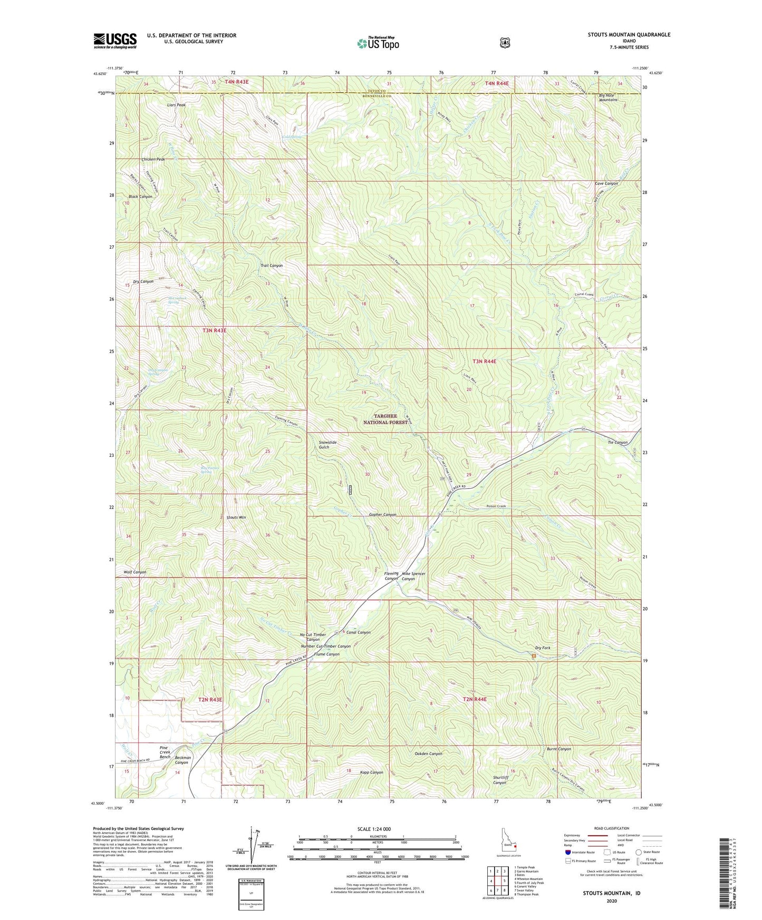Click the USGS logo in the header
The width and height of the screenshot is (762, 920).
click(x=115, y=41)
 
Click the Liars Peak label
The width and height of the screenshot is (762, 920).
click(x=176, y=105)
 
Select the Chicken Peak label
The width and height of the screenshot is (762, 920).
click(x=153, y=159)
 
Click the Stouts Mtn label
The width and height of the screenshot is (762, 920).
click(x=236, y=517)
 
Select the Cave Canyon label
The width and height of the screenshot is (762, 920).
click(x=606, y=183)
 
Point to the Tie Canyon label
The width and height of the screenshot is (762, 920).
click(x=617, y=443)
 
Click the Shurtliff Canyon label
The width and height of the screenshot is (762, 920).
click(x=500, y=780)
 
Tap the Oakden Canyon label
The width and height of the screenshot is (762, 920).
click(x=428, y=753)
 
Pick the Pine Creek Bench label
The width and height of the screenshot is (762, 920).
click(x=165, y=752)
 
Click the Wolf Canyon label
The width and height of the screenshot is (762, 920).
click(x=134, y=572)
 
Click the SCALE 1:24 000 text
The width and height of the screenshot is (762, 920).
click(x=374, y=829)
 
